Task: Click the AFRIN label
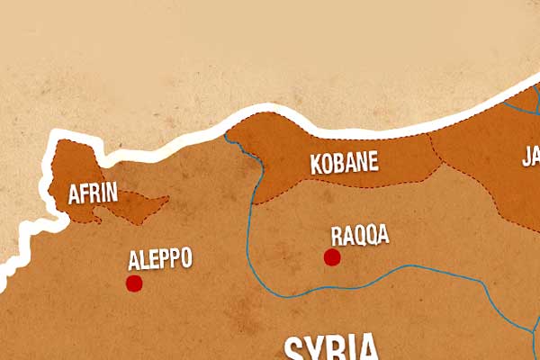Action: tap(94, 193)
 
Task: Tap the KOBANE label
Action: tap(344, 164)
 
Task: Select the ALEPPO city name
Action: tap(160, 260)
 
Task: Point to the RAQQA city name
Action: tap(360, 236)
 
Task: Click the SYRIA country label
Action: tap(331, 348)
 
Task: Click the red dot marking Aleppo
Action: tap(134, 283)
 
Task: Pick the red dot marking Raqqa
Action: tap(332, 257)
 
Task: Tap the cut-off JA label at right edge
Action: tap(530, 157)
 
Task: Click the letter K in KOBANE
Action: tap(315, 164)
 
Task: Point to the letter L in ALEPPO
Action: tap(144, 260)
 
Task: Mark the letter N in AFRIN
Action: tap(114, 193)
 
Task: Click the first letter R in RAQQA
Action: tap(337, 236)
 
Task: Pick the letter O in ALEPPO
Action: tap(185, 260)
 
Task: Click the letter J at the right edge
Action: tap(526, 157)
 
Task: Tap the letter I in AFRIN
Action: tap(105, 193)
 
